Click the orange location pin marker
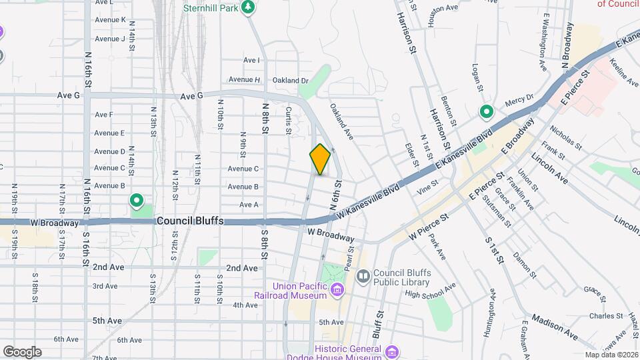tap(320, 160)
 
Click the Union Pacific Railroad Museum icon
tap(337, 289)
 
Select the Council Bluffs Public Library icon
tap(363, 275)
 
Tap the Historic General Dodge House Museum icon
tap(391, 351)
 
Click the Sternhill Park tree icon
tap(248, 7)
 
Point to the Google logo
tap(22, 352)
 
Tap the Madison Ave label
tap(555, 325)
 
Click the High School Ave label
tap(430, 291)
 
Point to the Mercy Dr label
tap(521, 98)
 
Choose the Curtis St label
tap(289, 121)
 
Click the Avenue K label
tap(110, 20)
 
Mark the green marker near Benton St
tap(486, 112)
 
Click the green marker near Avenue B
tap(137, 200)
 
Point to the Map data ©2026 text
tap(611, 355)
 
